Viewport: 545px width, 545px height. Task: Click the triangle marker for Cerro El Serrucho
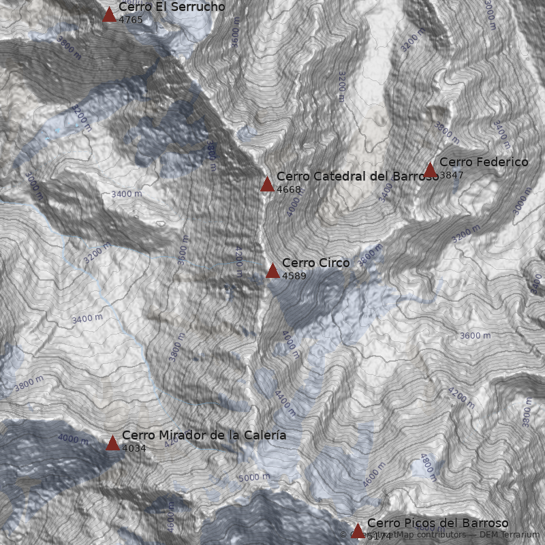[x=109, y=14]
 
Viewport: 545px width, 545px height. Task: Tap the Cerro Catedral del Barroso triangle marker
[x=267, y=184]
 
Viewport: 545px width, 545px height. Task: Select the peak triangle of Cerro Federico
[x=430, y=170]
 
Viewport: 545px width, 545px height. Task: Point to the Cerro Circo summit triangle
[x=272, y=270]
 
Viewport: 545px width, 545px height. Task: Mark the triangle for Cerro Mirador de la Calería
[x=113, y=443]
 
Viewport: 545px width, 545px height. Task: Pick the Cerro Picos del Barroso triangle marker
[x=358, y=531]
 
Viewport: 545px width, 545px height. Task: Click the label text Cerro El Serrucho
[x=172, y=7]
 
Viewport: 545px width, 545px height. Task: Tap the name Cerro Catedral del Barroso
[x=357, y=176]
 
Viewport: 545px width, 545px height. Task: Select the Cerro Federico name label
[x=484, y=162]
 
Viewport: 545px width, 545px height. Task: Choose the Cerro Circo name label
[x=315, y=263]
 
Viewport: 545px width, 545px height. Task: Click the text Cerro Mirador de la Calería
[x=204, y=435]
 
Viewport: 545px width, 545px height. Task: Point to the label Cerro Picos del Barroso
[x=437, y=523]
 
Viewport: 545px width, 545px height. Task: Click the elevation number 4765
[x=131, y=20]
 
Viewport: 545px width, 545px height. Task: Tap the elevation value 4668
[x=289, y=189]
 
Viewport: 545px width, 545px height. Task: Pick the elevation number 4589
[x=294, y=276]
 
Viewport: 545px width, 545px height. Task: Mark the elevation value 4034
[x=134, y=448]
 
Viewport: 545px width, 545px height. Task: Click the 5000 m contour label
[x=254, y=478]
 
